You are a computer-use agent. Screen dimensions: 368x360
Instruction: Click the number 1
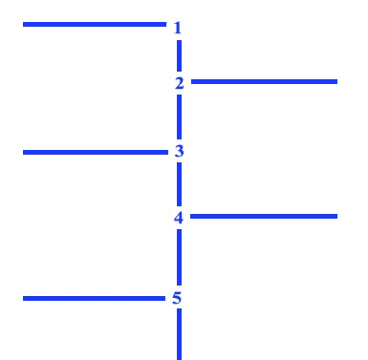pos(178,28)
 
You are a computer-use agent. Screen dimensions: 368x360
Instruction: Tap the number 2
pos(180,83)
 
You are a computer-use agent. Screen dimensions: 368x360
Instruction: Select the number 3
pos(179,151)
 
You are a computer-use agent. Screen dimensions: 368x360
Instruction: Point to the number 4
pos(179,218)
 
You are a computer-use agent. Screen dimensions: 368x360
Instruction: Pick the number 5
pos(177,298)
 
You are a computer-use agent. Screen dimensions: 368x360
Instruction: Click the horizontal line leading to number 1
pos(95,24)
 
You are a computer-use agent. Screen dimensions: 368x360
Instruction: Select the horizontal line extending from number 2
pos(264,82)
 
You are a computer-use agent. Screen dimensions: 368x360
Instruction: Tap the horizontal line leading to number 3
pos(96,153)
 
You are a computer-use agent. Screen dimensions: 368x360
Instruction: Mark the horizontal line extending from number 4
pos(264,217)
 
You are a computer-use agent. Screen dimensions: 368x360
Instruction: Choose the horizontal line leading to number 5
pos(95,298)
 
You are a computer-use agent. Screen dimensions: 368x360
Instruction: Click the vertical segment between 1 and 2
pos(179,55)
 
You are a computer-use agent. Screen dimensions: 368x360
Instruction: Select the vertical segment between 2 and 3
pos(179,116)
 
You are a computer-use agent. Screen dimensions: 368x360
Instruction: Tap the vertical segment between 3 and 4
pos(179,184)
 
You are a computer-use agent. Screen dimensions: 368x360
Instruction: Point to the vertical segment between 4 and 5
pos(179,257)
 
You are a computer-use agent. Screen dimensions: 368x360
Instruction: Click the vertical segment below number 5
pos(179,334)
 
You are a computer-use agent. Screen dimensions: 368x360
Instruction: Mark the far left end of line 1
pos(23,24)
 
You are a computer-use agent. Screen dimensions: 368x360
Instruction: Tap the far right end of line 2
pos(337,82)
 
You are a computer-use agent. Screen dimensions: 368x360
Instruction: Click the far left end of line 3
pos(23,153)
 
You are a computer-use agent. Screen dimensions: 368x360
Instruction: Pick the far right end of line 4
pos(337,217)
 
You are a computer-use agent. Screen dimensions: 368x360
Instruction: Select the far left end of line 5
pos(23,298)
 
